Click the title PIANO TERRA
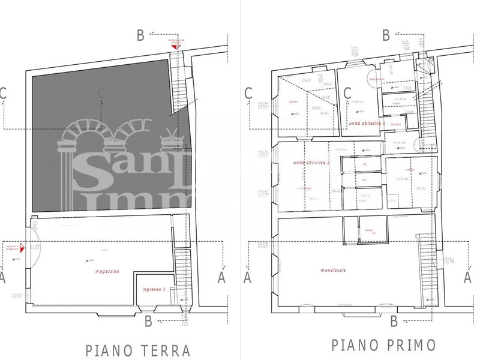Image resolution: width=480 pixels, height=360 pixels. tap(138, 350)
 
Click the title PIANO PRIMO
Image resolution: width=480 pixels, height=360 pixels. tap(384, 345)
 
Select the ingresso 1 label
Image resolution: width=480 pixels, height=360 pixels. tap(154, 290)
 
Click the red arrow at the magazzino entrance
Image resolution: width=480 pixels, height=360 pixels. tap(21, 246)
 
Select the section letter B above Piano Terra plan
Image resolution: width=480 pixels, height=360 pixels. tap(140, 36)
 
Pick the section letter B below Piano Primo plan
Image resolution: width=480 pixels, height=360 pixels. tap(394, 321)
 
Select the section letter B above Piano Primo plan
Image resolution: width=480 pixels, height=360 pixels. tap(386, 35)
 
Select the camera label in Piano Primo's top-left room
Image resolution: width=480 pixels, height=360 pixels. tap(293, 101)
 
